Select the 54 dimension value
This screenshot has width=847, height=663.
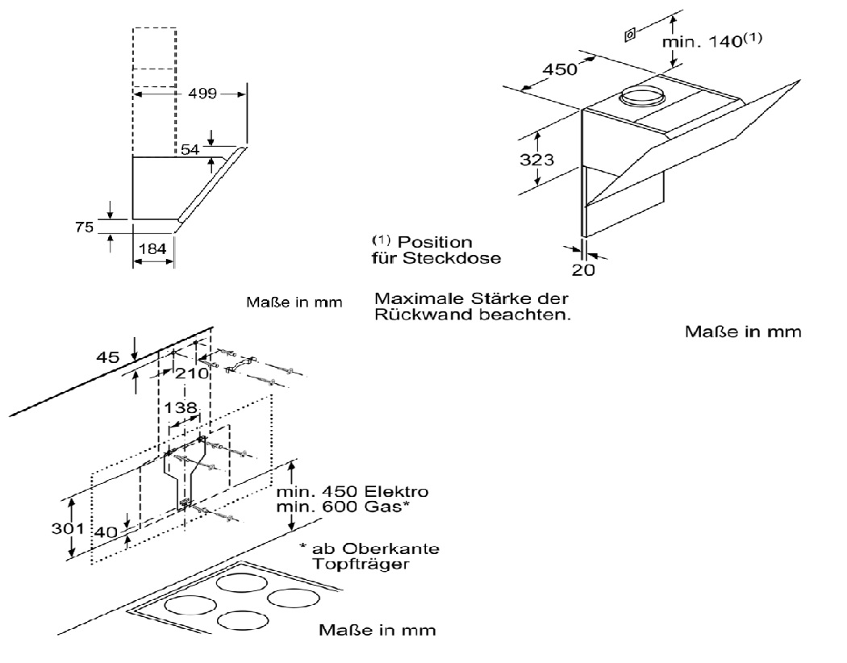(190, 150)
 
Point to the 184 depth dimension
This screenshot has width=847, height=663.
(152, 249)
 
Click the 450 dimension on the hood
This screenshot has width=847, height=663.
(559, 69)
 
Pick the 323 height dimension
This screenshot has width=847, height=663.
(536, 160)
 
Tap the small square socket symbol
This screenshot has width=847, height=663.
(629, 35)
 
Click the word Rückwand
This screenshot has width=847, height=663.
(418, 315)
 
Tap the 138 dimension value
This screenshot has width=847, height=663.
(179, 408)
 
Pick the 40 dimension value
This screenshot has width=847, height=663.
(106, 533)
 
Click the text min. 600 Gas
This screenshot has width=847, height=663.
(341, 507)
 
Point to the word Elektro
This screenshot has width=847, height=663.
(399, 492)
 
